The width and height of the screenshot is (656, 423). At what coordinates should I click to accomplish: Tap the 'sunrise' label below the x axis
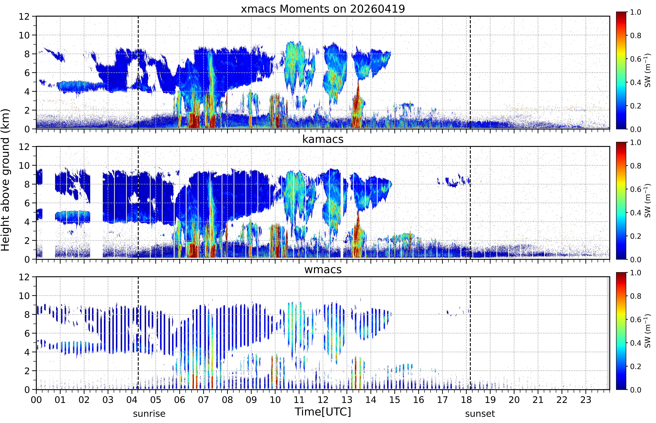[x=149, y=414]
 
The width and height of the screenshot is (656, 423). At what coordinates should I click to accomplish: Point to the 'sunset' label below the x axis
[x=480, y=414]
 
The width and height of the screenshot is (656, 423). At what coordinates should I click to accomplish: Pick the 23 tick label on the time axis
[x=586, y=400]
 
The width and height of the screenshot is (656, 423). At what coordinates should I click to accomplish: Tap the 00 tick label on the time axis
[x=36, y=400]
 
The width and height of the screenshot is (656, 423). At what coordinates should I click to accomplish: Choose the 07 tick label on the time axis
[x=204, y=400]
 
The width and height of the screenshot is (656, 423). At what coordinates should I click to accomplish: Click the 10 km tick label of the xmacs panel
[x=24, y=35]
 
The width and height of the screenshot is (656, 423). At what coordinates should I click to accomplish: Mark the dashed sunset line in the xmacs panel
[x=470, y=73]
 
